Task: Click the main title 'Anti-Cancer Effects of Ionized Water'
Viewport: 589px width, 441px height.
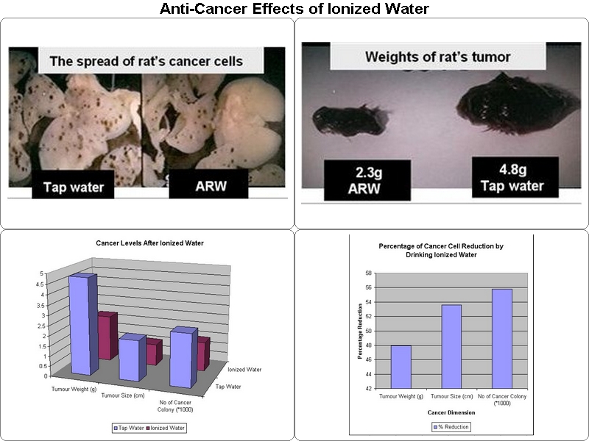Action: (x=294, y=9)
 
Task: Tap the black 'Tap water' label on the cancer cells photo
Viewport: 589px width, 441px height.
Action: (x=73, y=184)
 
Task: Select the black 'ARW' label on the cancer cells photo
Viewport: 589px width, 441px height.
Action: (x=208, y=184)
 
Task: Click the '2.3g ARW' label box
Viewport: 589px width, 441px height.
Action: (x=367, y=180)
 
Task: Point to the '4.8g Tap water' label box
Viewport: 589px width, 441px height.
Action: (x=515, y=177)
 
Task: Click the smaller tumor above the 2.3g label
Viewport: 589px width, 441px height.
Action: (x=349, y=120)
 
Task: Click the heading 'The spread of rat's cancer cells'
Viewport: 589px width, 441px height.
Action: (x=146, y=61)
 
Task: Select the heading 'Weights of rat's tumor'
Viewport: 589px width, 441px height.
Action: (x=437, y=57)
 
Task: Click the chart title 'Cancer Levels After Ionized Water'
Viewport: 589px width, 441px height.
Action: (x=150, y=243)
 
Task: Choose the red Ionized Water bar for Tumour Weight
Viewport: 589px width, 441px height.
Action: (x=107, y=336)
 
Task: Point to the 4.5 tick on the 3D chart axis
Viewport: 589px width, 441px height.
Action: (x=40, y=284)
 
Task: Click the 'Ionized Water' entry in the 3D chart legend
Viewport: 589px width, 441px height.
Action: (x=168, y=428)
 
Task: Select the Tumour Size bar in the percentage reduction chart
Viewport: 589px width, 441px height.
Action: (x=451, y=346)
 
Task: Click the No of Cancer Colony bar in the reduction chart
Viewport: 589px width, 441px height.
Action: (x=502, y=339)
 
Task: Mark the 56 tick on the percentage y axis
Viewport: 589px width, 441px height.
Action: (x=368, y=287)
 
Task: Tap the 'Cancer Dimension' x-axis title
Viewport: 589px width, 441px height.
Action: (x=451, y=412)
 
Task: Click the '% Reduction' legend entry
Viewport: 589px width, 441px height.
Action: (x=451, y=427)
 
